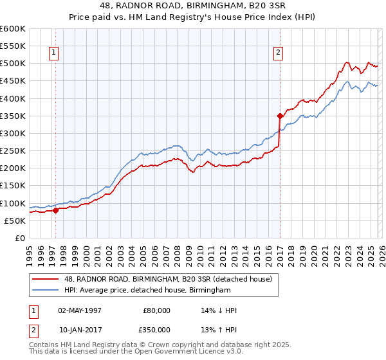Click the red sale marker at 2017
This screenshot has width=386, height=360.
coord(280,116)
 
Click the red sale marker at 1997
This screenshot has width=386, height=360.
coord(55,210)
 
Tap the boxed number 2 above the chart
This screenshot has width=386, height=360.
coord(278,53)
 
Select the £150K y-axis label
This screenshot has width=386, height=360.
coord(13,186)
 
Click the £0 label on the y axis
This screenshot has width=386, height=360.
coord(19,238)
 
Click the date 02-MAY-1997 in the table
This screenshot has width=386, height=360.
coord(79,310)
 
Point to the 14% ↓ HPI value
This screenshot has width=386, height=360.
coord(219,310)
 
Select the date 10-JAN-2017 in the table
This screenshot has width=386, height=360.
coord(79,330)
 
